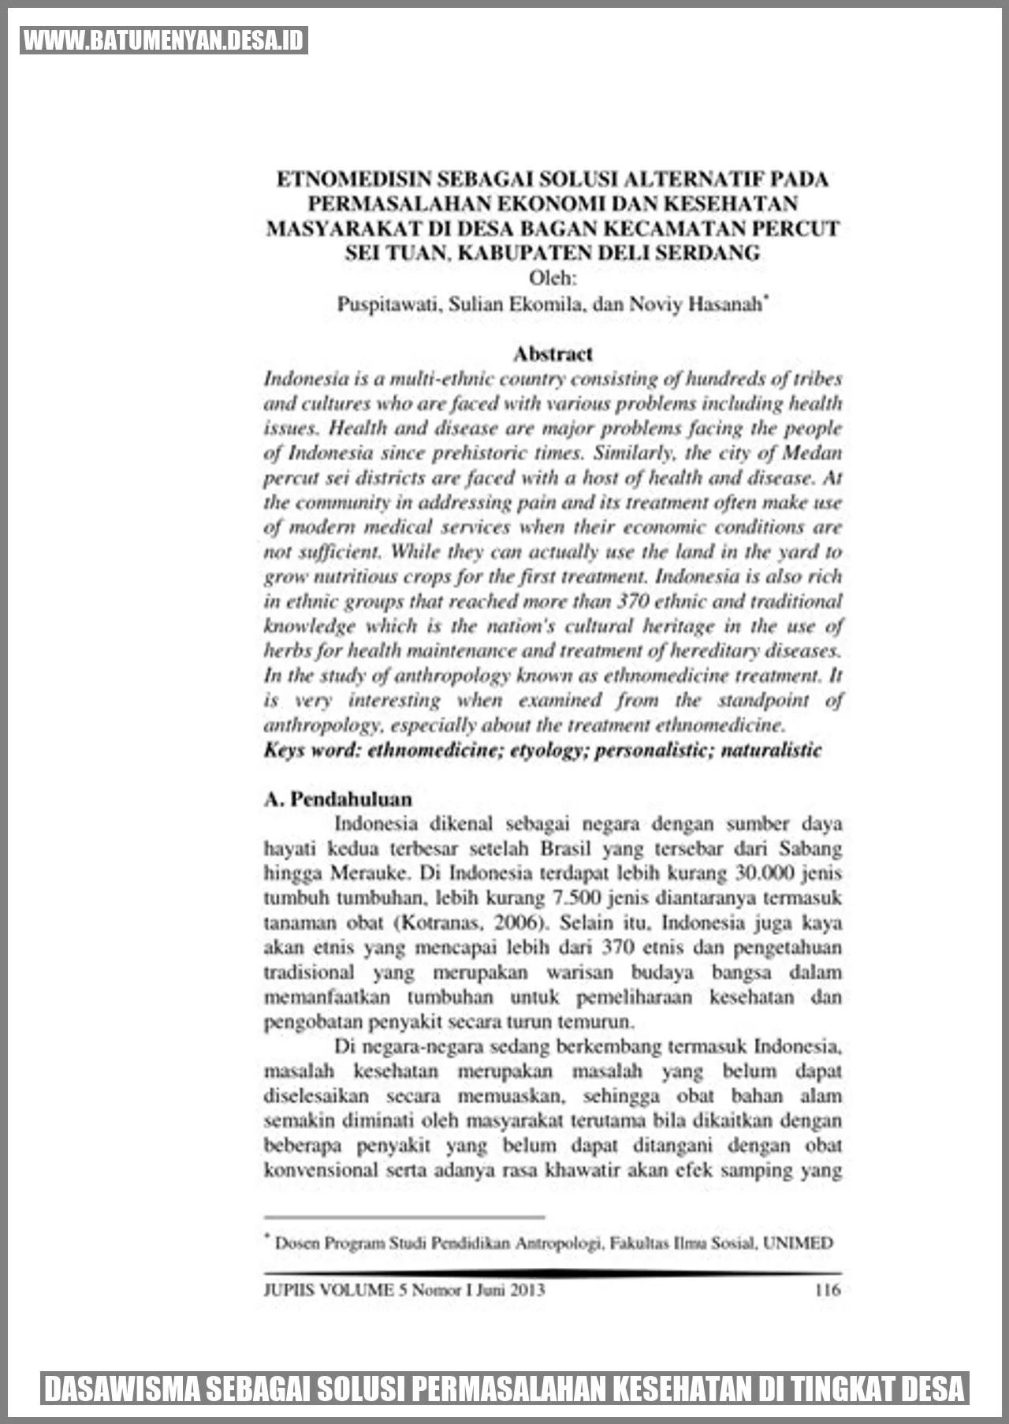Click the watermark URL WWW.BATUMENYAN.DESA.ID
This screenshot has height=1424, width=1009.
[163, 40]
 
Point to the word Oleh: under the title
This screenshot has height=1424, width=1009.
[553, 278]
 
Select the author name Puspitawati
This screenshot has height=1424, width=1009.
[387, 304]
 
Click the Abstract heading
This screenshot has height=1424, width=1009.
[553, 354]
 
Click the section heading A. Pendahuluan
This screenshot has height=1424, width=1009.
[338, 799]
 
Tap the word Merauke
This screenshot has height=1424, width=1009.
[370, 874]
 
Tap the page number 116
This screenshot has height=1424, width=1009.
[827, 1290]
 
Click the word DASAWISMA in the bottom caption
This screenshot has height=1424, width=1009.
[122, 1389]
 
